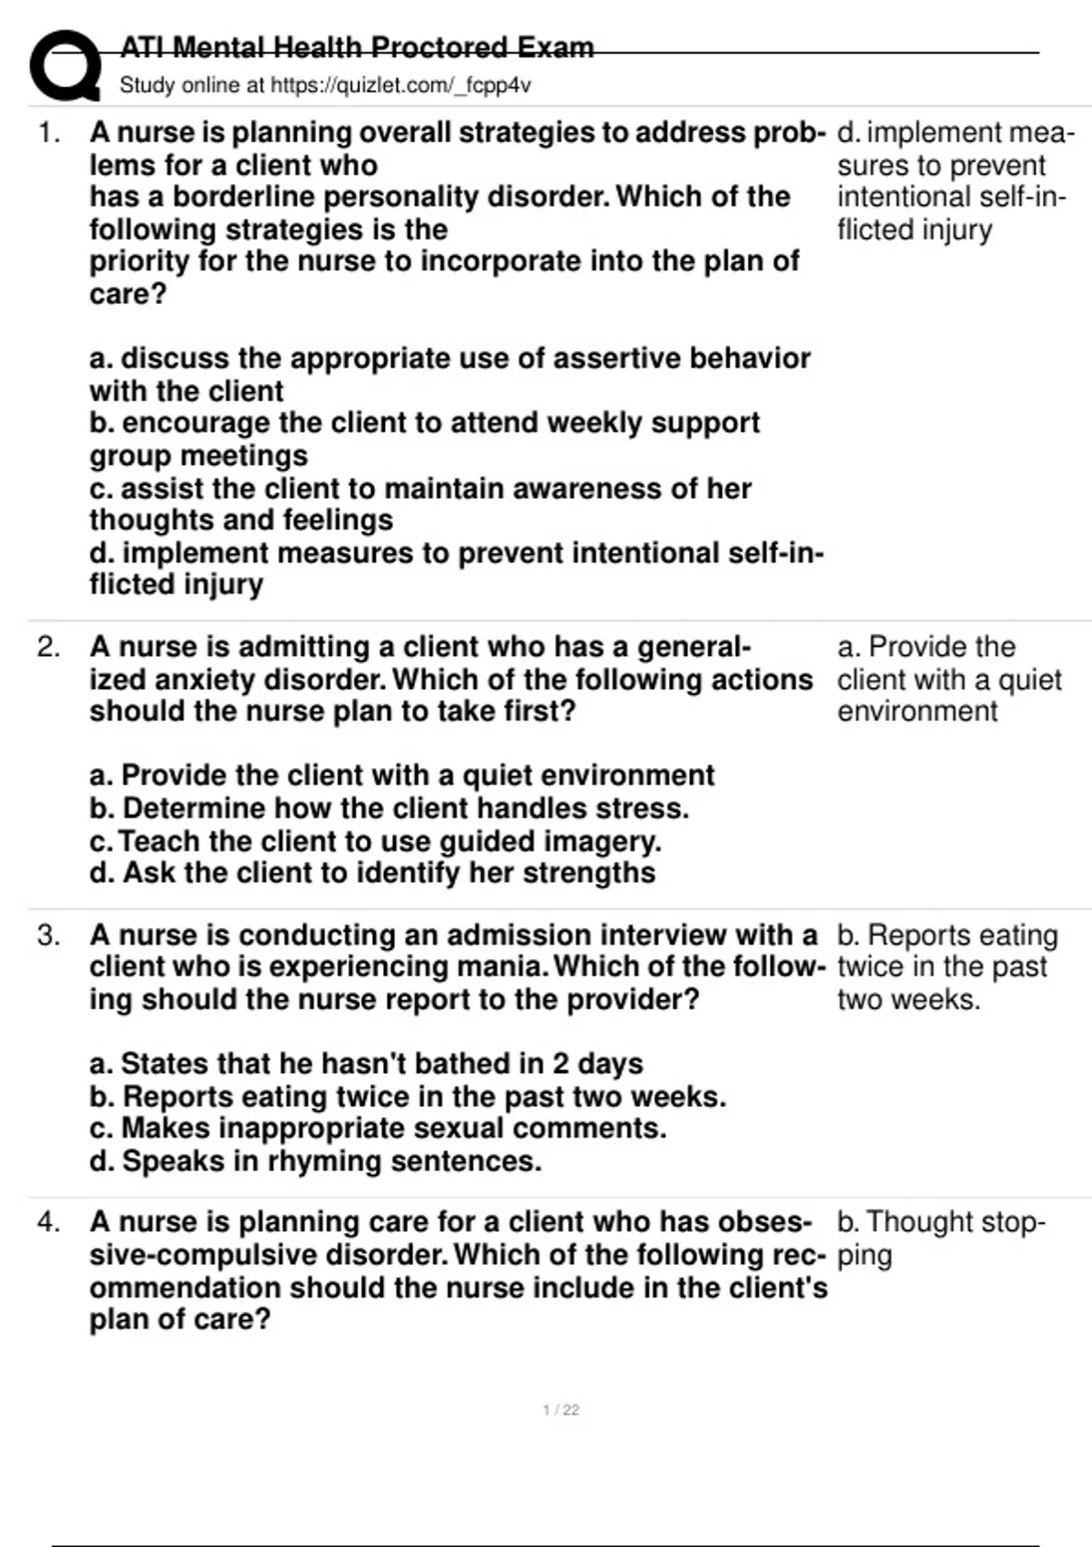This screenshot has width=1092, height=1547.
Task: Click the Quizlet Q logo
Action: pyautogui.click(x=64, y=66)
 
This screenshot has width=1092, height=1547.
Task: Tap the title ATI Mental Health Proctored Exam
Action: pyautogui.click(x=357, y=47)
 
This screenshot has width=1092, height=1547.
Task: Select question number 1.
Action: pyautogui.click(x=48, y=133)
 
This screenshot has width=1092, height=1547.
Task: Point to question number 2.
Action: pyautogui.click(x=48, y=647)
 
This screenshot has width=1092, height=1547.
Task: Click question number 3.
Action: pyautogui.click(x=48, y=935)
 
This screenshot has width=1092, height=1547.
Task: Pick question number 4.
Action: pyautogui.click(x=48, y=1221)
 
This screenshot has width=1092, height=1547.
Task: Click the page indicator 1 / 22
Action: pyautogui.click(x=561, y=1410)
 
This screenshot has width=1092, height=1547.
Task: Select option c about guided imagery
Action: pyautogui.click(x=375, y=841)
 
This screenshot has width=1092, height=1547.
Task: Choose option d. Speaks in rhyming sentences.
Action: pyautogui.click(x=315, y=1161)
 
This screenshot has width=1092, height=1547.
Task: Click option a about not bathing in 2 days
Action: pyautogui.click(x=366, y=1064)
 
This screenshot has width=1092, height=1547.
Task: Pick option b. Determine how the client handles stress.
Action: pyautogui.click(x=389, y=808)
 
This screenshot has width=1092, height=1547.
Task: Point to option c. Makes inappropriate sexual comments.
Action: pyautogui.click(x=378, y=1128)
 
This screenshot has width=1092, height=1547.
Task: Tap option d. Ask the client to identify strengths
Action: pyautogui.click(x=372, y=873)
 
